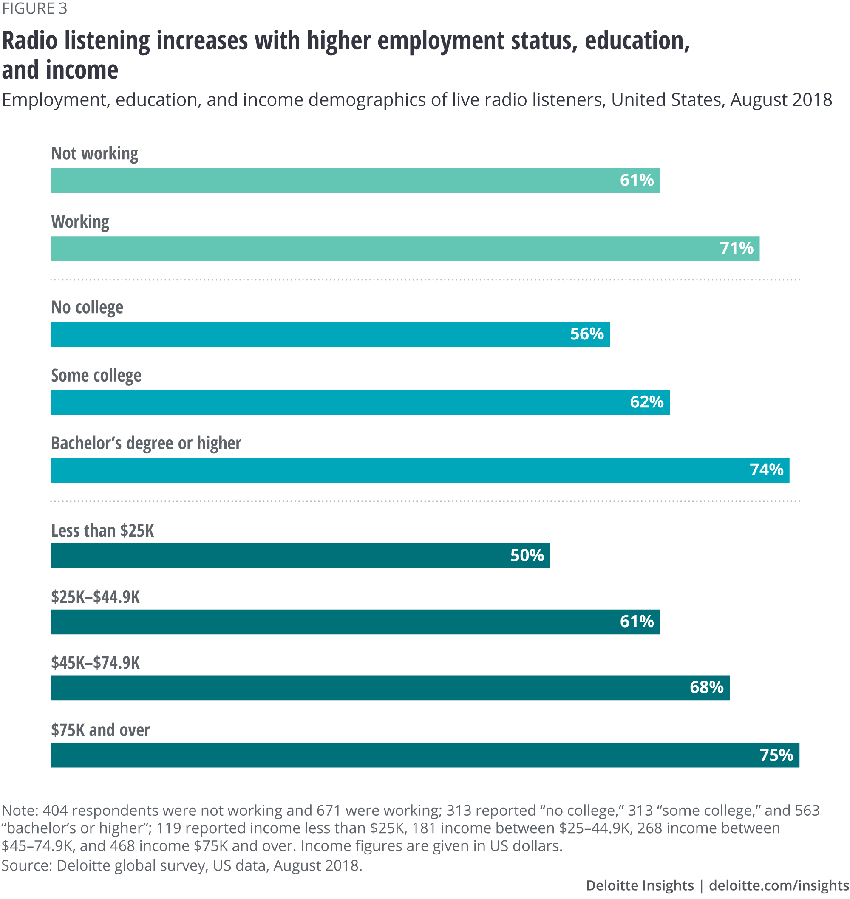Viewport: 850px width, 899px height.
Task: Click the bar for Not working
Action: pos(355,180)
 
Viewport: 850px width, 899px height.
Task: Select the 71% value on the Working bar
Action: pos(736,248)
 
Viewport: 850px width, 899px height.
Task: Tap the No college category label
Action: pos(87,307)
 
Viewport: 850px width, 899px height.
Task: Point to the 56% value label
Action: pos(587,334)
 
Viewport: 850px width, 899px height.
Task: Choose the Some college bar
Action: pos(360,402)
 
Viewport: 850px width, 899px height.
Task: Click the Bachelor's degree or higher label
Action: pos(146,443)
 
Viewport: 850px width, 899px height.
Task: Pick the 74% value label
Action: pos(766,469)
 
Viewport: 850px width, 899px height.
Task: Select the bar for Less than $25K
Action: pos(300,556)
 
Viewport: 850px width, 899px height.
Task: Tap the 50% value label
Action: pos(527,556)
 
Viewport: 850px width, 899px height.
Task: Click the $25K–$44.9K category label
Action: pos(95,597)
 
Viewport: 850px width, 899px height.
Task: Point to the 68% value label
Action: pos(706,687)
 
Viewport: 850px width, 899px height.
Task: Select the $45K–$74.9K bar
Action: pos(390,687)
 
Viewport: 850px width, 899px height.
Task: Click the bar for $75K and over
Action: pos(425,755)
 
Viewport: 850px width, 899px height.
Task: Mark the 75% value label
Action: pos(776,755)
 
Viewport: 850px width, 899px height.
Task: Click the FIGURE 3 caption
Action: pos(34,8)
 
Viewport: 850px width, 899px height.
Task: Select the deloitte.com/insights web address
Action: pos(779,885)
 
